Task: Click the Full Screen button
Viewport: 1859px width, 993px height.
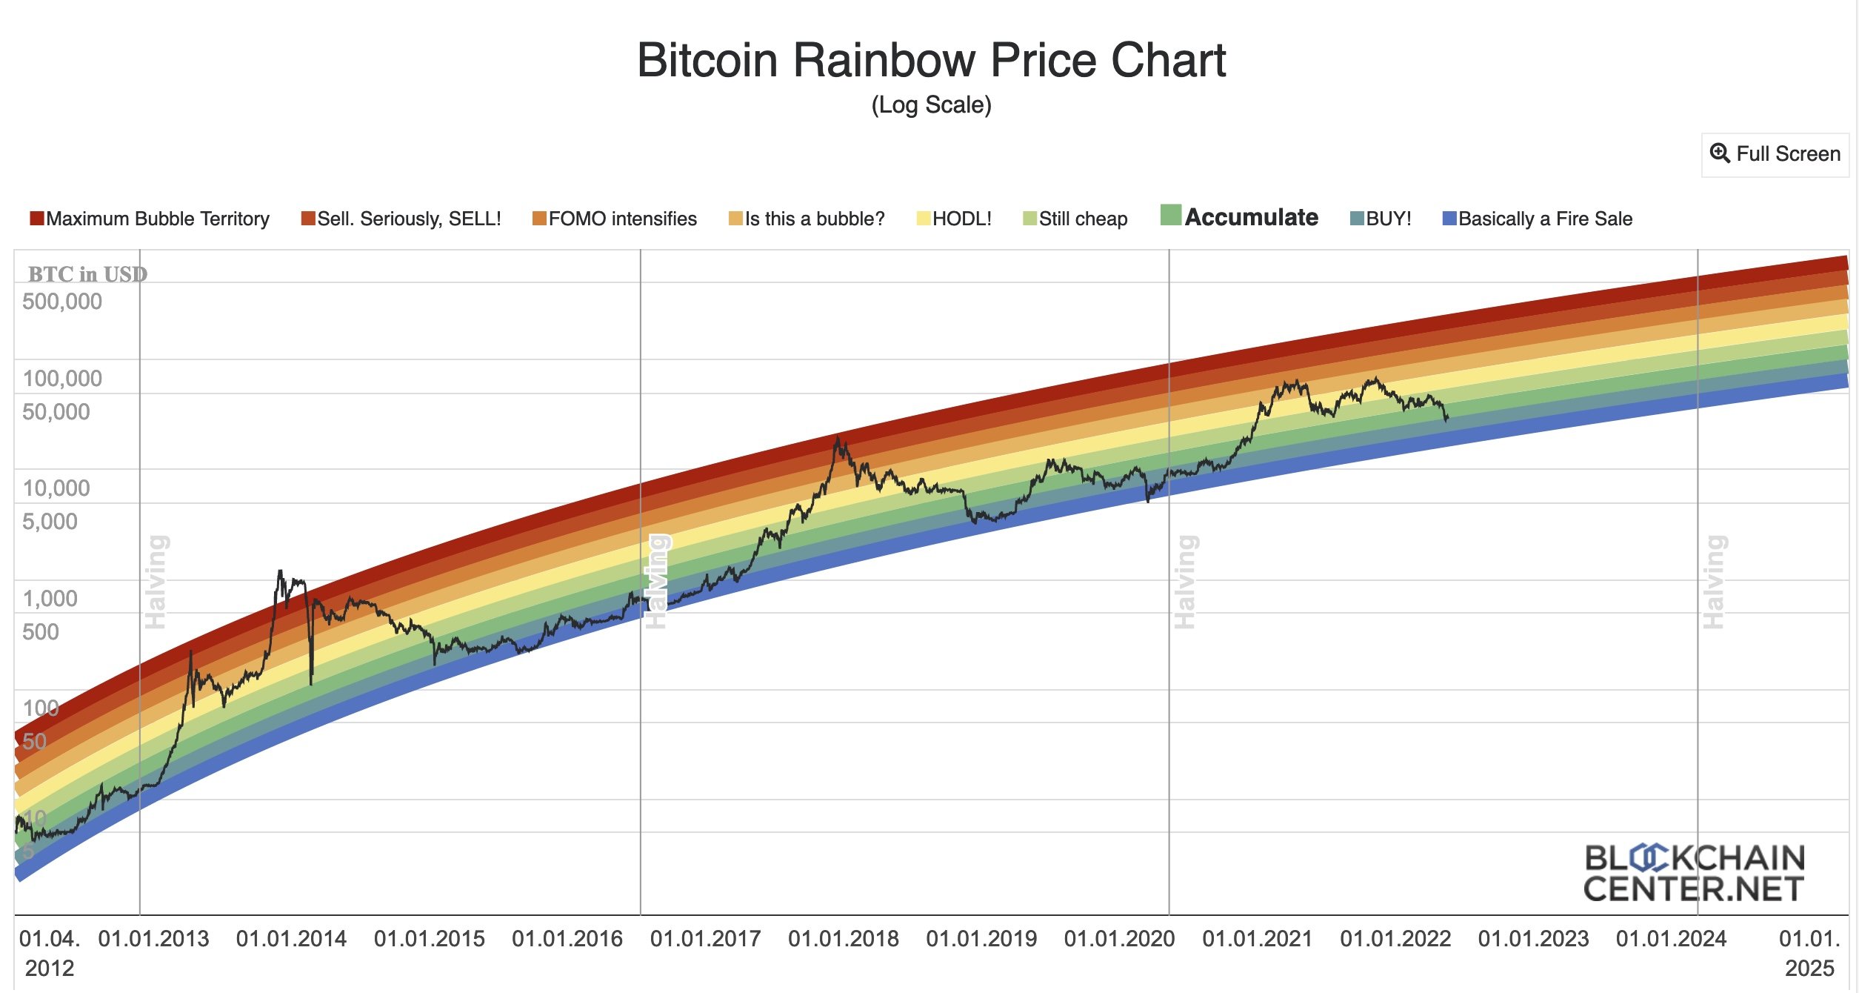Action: pos(1775,154)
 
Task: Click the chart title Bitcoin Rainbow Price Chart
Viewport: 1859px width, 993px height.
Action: pos(931,60)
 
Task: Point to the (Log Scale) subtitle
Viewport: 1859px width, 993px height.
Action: pos(931,105)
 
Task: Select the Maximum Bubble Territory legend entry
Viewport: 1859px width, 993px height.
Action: pos(150,219)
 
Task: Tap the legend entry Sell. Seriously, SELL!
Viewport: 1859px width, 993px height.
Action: pos(401,219)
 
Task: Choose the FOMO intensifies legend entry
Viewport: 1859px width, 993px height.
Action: pos(615,219)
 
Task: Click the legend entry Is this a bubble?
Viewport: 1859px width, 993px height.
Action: pos(807,219)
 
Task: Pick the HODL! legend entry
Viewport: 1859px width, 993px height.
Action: pos(954,219)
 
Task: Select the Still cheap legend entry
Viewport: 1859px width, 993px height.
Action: pos(1075,219)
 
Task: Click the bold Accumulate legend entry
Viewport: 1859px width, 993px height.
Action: pos(1240,216)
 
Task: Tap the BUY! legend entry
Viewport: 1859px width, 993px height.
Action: pos(1381,219)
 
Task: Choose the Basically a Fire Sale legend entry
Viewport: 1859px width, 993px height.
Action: pos(1538,219)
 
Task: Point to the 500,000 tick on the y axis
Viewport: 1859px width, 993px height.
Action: pos(62,302)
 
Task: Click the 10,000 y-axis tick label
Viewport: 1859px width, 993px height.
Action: pos(56,488)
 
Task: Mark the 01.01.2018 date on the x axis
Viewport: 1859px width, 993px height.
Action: pos(843,939)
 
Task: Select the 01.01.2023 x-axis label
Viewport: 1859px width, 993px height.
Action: pos(1533,939)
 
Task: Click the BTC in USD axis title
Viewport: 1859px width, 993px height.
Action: pos(87,274)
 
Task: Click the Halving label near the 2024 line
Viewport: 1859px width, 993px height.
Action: pos(1715,582)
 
